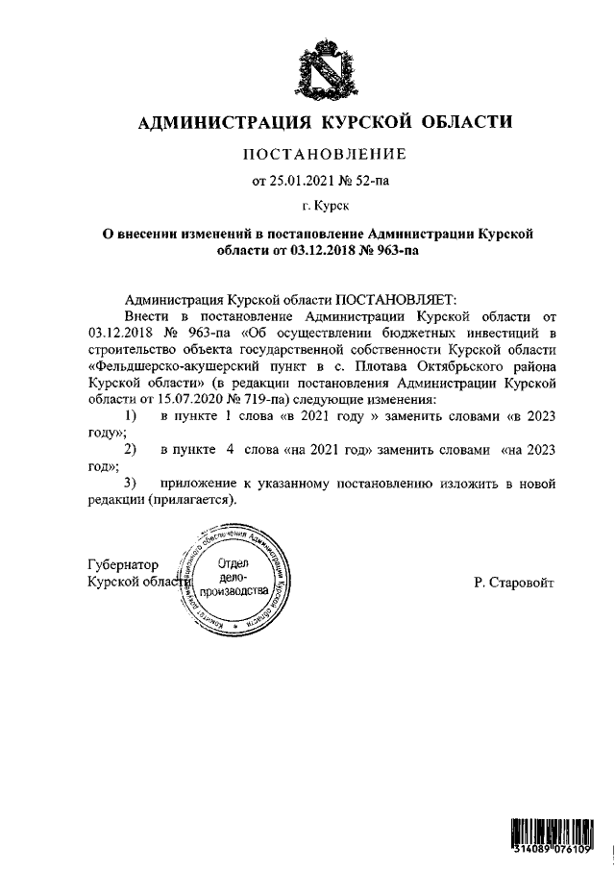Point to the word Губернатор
tap(123, 565)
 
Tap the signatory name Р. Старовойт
tap(513, 583)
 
